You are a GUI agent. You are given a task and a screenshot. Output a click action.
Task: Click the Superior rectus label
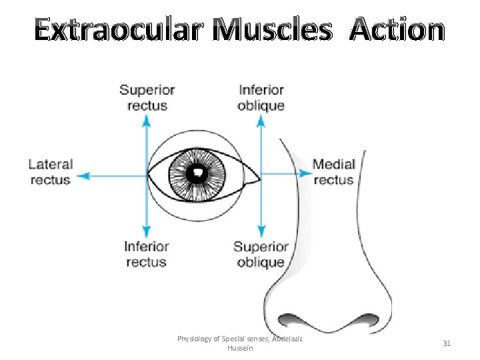(147, 97)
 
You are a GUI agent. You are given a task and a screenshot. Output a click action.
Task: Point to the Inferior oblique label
(261, 97)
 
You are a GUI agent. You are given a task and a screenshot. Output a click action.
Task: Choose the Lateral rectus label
(51, 171)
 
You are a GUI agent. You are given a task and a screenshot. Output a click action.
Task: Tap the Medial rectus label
(334, 171)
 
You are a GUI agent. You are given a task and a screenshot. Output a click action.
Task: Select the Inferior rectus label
(146, 254)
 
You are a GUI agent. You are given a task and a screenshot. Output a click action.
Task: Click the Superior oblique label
(260, 254)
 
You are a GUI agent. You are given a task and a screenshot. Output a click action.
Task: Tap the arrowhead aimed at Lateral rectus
(83, 176)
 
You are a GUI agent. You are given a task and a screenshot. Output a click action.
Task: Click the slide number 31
(447, 343)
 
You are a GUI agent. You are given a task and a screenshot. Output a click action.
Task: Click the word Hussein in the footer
(240, 348)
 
